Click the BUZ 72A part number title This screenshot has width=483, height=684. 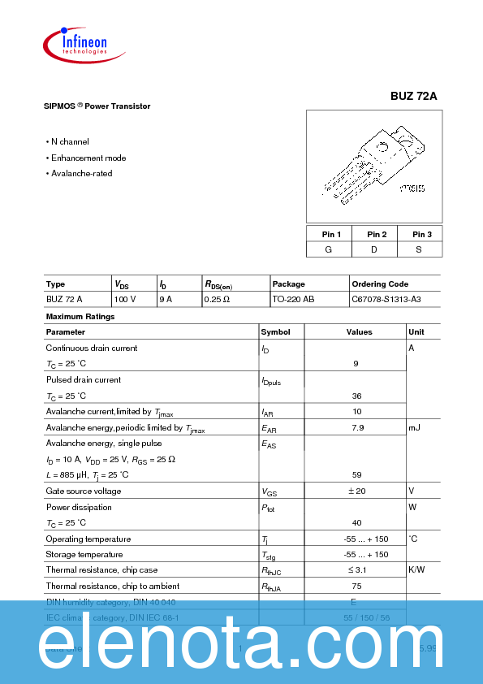tap(413, 95)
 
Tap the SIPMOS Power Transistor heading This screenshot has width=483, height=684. tap(97, 106)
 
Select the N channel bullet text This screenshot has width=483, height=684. tap(70, 142)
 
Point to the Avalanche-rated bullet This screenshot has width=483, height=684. tap(81, 174)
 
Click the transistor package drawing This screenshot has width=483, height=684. tap(373, 166)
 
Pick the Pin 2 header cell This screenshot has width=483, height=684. tap(374, 234)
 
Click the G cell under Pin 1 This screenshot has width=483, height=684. tap(329, 249)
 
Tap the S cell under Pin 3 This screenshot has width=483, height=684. tap(419, 249)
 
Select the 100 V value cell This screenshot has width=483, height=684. tap(124, 300)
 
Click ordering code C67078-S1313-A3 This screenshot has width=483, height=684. tap(386, 300)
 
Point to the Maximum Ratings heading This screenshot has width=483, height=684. tap(80, 316)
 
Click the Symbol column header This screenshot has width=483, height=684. tap(275, 331)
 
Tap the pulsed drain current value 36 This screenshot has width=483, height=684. tap(356, 396)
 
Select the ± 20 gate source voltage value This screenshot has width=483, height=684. tap(356, 491)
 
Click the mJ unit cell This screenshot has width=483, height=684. tap(414, 427)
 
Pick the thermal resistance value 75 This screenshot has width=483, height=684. tap(356, 586)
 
